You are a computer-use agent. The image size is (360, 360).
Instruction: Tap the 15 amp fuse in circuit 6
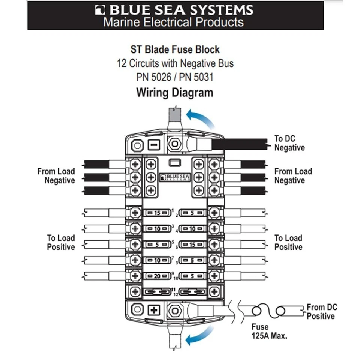pyautogui.click(x=192, y=245)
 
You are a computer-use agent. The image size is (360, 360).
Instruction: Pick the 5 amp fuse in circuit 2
pyautogui.click(x=192, y=213)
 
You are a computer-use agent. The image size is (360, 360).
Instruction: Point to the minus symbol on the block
pyautogui.click(x=153, y=144)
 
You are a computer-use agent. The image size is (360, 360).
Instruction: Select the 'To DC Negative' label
pyautogui.click(x=289, y=143)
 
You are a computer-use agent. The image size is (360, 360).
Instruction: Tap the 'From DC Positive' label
pyautogui.click(x=321, y=312)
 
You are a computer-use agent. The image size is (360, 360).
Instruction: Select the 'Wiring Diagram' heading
pyautogui.click(x=174, y=92)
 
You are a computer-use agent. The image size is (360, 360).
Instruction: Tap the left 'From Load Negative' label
pyautogui.click(x=56, y=176)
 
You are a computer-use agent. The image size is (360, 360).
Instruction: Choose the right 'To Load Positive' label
pyautogui.click(x=288, y=243)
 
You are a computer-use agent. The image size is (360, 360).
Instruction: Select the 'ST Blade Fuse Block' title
pyautogui.click(x=175, y=49)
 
